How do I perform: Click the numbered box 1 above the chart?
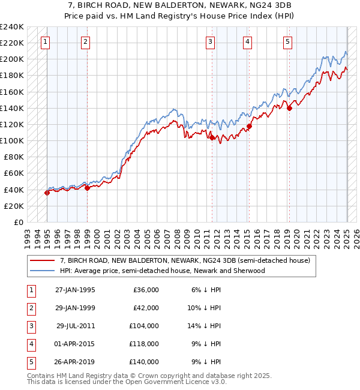pos(46,42)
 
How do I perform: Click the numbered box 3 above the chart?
pos(211,42)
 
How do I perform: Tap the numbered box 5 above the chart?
pos(288,42)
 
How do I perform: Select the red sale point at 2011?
pos(212,137)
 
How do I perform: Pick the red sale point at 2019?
pos(289,108)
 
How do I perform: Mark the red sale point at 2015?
pos(249,126)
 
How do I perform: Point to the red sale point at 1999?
pos(87,188)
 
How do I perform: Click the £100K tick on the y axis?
pos(12,140)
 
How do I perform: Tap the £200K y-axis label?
pos(12,59)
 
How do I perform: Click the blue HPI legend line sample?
pos(43,271)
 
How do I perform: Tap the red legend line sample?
pos(43,260)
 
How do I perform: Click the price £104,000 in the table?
pos(144,326)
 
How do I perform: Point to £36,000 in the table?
pos(146,290)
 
